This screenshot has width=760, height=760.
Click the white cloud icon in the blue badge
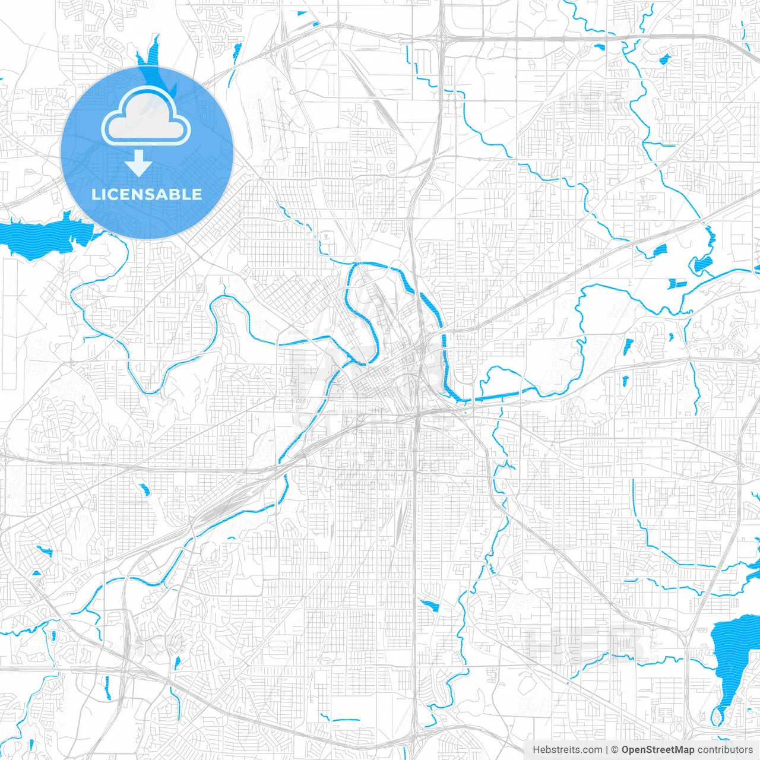coord(146,116)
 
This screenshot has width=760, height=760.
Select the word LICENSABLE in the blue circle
coord(147,194)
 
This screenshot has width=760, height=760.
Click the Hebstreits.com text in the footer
coord(567,750)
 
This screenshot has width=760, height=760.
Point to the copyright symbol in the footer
coord(615,750)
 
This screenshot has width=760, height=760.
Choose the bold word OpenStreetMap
coord(658,750)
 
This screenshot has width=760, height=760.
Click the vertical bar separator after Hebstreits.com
coord(607,750)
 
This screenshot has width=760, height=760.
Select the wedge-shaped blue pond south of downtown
coord(429,606)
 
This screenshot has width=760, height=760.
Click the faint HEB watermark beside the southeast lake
coord(585,644)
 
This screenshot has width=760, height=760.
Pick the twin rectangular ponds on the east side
coord(676,284)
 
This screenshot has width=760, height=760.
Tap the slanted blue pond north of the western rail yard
coord(145,490)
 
